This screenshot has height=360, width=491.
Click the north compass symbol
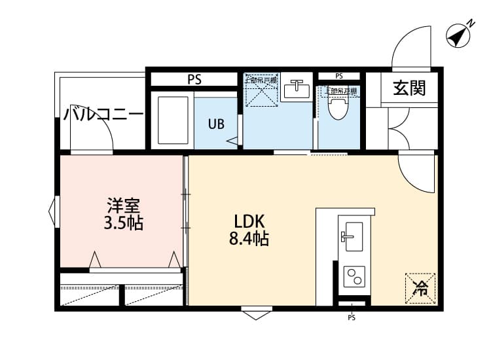click(460, 35)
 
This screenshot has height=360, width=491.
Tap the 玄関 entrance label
click(409, 88)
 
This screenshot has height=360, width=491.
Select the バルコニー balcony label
click(103, 116)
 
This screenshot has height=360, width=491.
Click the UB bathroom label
click(216, 122)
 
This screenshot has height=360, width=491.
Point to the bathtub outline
click(174, 120)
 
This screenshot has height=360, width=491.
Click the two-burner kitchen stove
click(354, 276)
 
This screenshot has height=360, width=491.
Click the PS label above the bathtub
click(194, 80)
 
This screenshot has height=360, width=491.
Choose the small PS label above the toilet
click(338, 75)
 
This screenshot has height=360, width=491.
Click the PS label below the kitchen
click(352, 318)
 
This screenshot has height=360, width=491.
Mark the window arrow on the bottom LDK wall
click(255, 314)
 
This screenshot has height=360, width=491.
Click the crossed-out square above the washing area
click(262, 91)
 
